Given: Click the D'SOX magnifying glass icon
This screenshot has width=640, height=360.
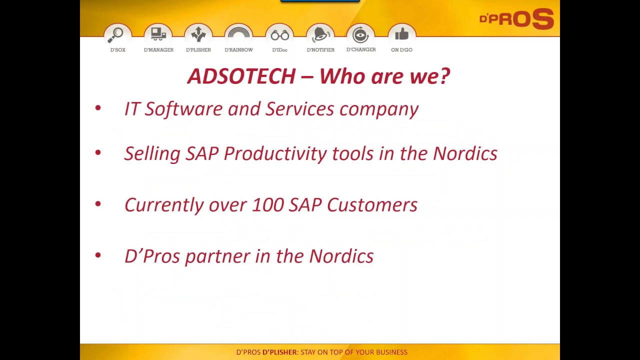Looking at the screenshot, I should pyautogui.click(x=118, y=35).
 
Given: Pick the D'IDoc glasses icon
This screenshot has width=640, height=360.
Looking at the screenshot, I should pyautogui.click(x=280, y=35).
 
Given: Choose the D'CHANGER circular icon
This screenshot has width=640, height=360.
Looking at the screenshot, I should pyautogui.click(x=360, y=35).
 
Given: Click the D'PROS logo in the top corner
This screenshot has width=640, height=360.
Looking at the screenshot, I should pyautogui.click(x=516, y=19).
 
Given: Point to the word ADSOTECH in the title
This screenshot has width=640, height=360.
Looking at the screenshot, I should pyautogui.click(x=241, y=76).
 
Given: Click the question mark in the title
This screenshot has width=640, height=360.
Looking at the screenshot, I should pyautogui.click(x=444, y=76).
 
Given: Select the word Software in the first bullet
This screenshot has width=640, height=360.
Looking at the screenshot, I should pyautogui.click(x=183, y=109).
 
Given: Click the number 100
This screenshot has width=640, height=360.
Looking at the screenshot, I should pyautogui.click(x=267, y=205).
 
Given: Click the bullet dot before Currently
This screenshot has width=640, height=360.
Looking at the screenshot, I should pyautogui.click(x=98, y=204).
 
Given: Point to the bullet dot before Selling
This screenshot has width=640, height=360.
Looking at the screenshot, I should pyautogui.click(x=98, y=152).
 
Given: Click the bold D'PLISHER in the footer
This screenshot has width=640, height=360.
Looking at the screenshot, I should pyautogui.click(x=279, y=352).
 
